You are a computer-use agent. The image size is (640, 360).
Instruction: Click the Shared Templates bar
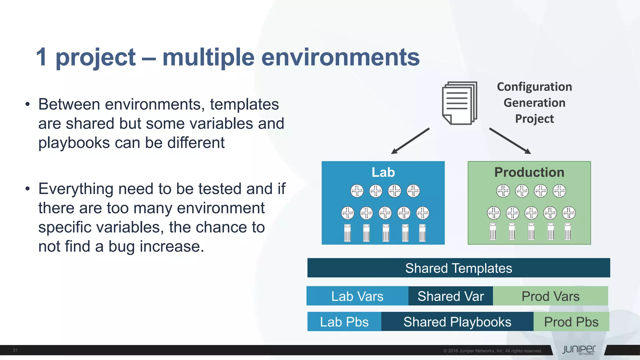point(458,268)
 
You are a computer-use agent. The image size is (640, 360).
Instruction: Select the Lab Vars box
point(357,296)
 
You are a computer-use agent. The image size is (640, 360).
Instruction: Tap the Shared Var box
point(450,296)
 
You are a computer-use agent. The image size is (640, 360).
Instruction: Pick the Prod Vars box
point(550,296)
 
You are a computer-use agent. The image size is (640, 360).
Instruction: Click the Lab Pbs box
point(344,322)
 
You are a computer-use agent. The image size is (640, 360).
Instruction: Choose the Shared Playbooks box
point(457,322)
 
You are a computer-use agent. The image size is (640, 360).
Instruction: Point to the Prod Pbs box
point(571,322)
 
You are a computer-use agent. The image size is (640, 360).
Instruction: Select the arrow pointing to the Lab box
point(410,141)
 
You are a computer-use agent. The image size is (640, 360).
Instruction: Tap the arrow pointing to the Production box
point(510,141)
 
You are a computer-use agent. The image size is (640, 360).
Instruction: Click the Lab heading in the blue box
point(383,172)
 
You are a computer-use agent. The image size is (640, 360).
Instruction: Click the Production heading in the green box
point(529,172)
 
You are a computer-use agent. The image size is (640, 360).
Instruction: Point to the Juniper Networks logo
point(579,350)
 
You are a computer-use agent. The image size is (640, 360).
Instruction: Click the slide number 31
point(15,350)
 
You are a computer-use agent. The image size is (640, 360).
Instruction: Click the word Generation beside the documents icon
point(534,103)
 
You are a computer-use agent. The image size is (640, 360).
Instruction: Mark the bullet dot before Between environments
point(28,104)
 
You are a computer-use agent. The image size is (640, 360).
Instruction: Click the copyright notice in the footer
point(492,351)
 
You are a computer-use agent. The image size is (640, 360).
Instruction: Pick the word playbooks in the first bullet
point(74,143)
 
